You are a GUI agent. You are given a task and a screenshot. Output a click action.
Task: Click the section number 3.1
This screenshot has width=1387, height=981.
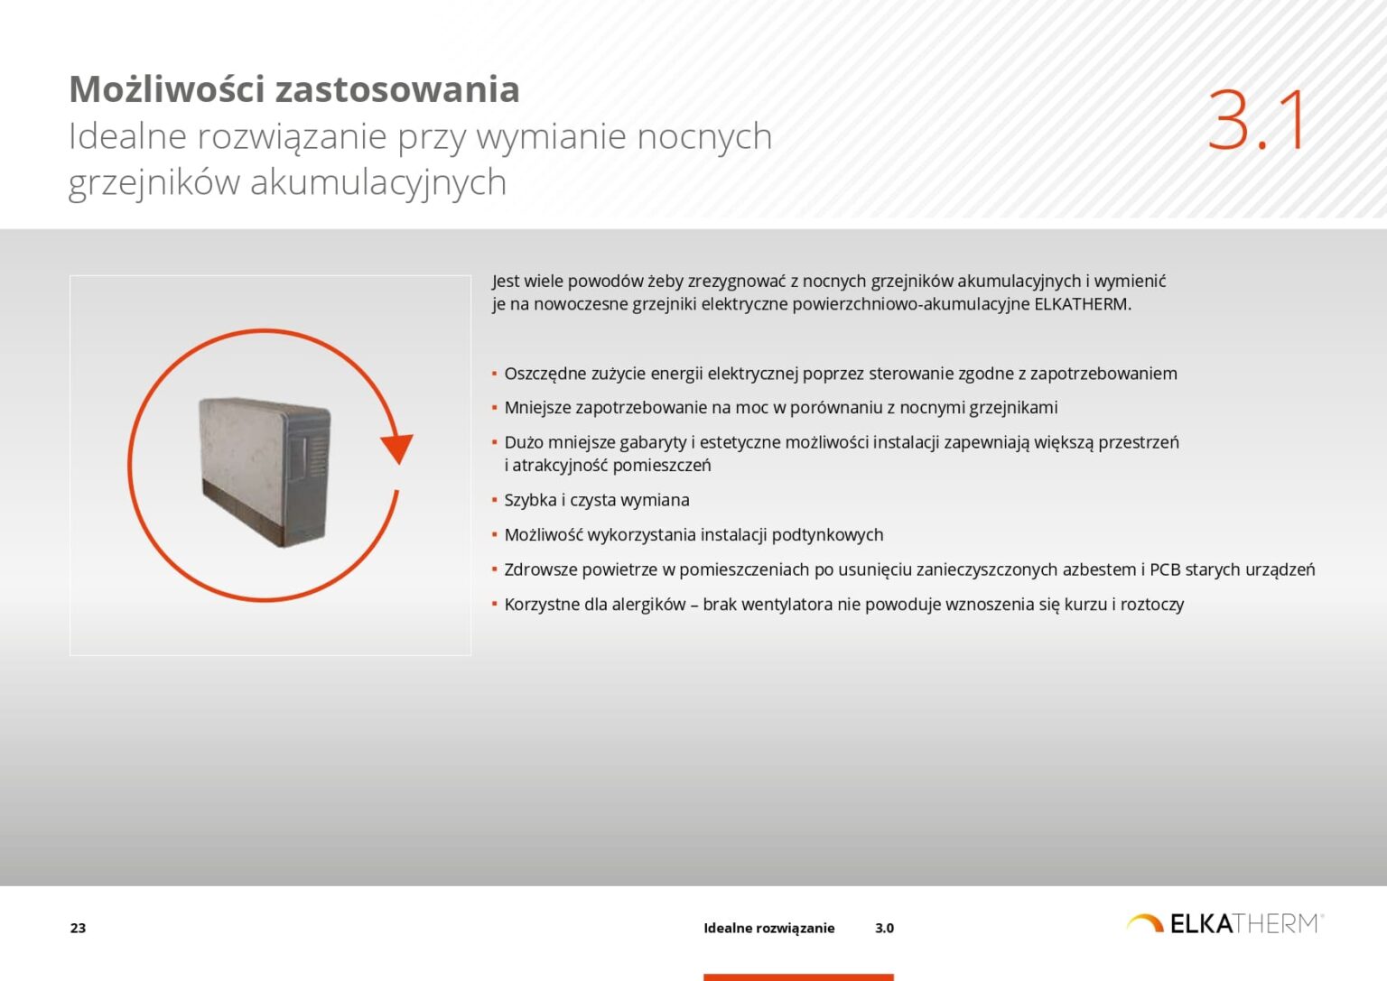(1257, 120)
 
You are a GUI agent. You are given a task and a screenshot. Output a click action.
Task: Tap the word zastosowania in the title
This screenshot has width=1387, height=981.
(396, 89)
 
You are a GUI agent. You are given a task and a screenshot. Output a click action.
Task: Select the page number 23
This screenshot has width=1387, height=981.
(79, 928)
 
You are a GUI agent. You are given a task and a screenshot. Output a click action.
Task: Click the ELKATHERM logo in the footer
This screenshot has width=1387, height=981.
(1224, 923)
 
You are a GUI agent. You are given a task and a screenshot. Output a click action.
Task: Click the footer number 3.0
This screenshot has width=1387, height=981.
(884, 928)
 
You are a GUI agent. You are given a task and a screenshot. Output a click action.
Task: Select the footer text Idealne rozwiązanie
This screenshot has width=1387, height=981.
(768, 928)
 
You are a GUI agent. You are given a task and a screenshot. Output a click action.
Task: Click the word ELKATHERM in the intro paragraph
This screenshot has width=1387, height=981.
(1081, 304)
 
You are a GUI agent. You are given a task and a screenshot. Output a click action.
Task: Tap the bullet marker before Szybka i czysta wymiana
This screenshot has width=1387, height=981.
(495, 500)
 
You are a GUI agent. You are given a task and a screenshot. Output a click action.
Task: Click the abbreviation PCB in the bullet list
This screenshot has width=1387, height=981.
(1165, 569)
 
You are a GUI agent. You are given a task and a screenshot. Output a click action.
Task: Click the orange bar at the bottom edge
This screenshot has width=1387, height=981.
(798, 976)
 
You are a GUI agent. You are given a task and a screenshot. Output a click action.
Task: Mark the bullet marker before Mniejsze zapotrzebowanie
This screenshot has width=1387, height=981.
(495, 408)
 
